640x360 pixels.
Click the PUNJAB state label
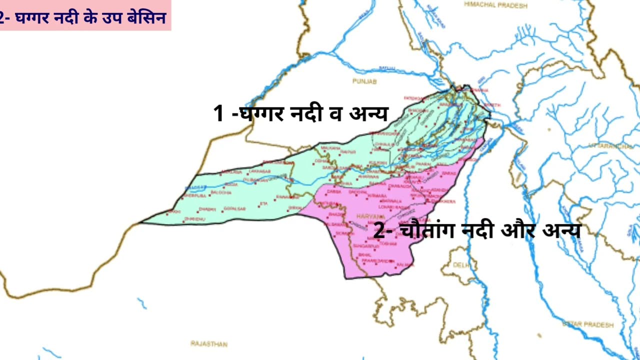364,81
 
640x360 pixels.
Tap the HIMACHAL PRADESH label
495,4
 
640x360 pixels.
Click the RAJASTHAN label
208,344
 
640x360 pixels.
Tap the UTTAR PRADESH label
587,325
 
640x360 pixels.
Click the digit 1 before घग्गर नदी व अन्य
218,113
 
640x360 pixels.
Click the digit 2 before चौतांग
379,231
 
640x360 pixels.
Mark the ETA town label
264,203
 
